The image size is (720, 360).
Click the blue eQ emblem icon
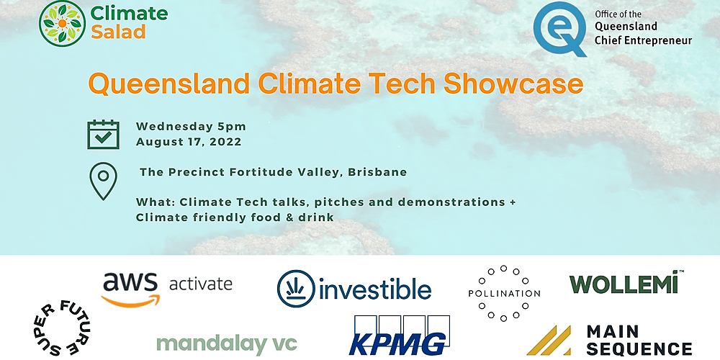coord(560,29)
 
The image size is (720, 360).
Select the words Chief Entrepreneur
coord(643,40)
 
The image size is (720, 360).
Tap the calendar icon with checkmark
coord(103,134)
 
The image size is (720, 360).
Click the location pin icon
coord(103,181)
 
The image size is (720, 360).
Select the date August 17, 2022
coord(189,142)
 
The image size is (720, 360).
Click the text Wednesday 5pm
coord(191,126)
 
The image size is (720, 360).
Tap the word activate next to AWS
coord(200,283)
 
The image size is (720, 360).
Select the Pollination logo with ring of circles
coord(503,293)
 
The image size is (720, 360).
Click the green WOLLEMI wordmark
coord(624,284)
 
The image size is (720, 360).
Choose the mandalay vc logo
coord(226,343)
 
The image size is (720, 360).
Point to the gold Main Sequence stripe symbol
coord(549,340)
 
